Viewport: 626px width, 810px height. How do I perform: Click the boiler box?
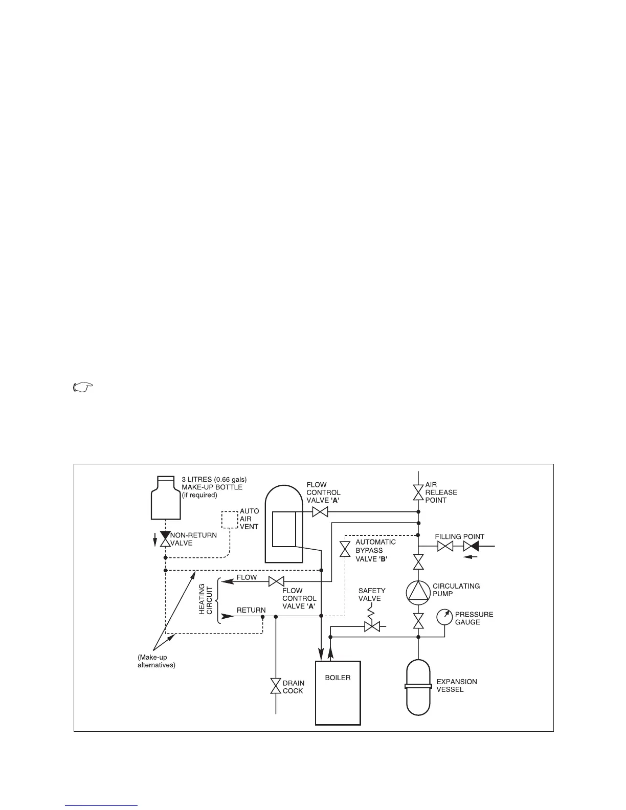click(x=338, y=692)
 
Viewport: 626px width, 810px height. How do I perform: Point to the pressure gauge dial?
click(x=444, y=617)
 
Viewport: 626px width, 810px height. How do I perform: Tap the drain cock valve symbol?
click(x=276, y=686)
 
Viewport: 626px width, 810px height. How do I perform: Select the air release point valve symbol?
click(x=418, y=492)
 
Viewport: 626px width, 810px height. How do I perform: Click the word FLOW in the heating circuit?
click(x=247, y=577)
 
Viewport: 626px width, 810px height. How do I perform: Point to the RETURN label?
click(x=251, y=610)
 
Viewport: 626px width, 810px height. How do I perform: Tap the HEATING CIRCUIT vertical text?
click(x=205, y=599)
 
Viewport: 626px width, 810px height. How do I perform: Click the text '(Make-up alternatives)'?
click(x=156, y=661)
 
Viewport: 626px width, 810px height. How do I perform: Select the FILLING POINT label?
click(x=459, y=537)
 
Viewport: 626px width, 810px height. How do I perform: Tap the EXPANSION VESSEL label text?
click(x=456, y=685)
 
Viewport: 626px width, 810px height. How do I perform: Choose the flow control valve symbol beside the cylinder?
click(x=320, y=512)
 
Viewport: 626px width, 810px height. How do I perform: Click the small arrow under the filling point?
click(x=471, y=557)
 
